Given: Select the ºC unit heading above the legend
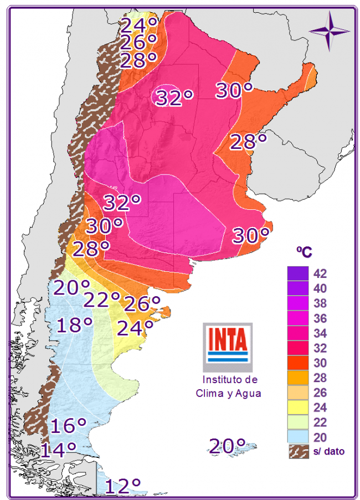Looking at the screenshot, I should click(304, 252).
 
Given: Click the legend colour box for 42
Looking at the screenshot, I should click(298, 274).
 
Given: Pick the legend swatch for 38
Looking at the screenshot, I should click(298, 303).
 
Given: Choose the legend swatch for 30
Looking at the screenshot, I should click(298, 363).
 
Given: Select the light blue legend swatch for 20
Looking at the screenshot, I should click(298, 437).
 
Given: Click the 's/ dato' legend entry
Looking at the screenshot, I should click(316, 452).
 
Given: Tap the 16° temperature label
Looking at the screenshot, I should click(69, 426).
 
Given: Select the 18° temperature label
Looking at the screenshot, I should click(74, 324).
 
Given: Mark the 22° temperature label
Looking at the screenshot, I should click(102, 300).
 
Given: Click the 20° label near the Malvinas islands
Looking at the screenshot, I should click(227, 445).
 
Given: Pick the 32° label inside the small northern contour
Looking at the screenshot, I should click(174, 97).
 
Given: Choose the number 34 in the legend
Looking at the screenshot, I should click(320, 333).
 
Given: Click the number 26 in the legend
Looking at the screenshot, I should click(320, 393).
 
